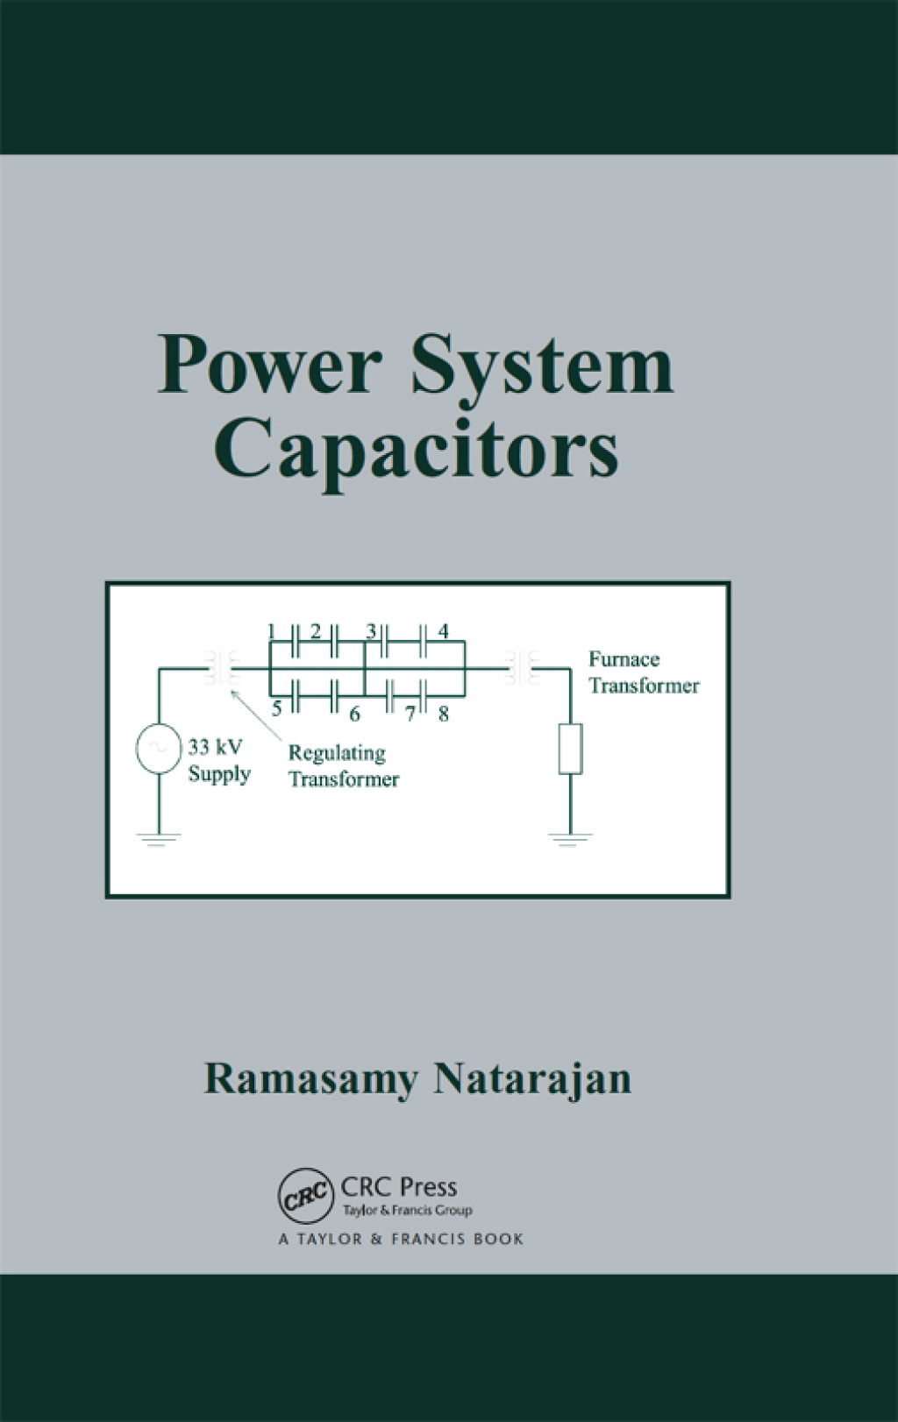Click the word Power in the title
tap(269, 365)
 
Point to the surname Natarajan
tap(532, 1079)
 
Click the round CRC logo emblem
tap(306, 1195)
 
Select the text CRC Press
tap(399, 1187)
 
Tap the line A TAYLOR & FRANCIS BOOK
tap(401, 1239)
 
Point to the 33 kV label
tap(215, 748)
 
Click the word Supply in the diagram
tap(219, 774)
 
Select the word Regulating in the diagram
tap(337, 753)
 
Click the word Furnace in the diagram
tap(624, 659)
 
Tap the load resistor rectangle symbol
tap(570, 749)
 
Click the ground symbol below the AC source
tap(159, 839)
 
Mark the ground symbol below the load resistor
tap(570, 839)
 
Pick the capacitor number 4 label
tap(444, 631)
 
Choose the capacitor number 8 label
tap(444, 715)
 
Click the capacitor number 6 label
tap(354, 715)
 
